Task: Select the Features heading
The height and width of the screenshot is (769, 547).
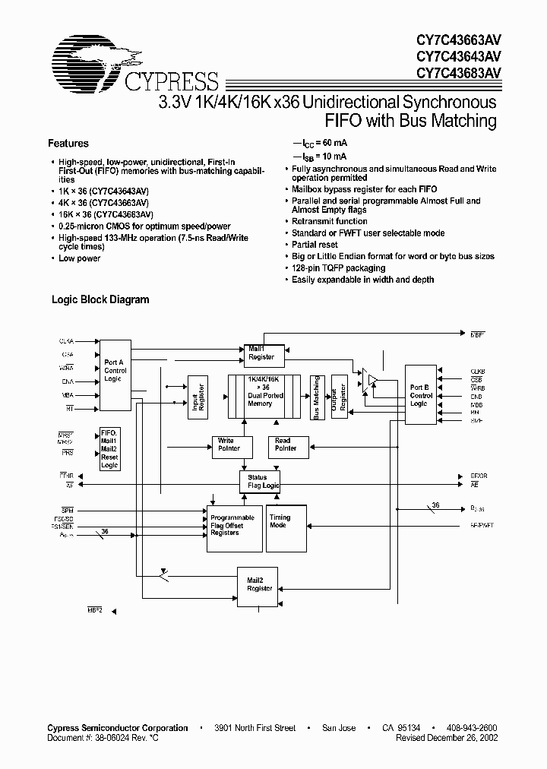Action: coord(68,143)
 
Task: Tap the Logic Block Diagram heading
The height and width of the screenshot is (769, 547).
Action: coord(100,299)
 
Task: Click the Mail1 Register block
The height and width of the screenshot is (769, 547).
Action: coord(261,352)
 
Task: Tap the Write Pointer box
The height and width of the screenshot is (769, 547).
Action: coord(226,445)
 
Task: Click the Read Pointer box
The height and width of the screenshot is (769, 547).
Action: coord(282,445)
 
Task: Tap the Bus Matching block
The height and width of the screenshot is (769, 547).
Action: coord(317,396)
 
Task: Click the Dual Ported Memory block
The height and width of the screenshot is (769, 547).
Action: coord(260,396)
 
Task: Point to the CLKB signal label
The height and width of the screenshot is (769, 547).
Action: coord(477,372)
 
